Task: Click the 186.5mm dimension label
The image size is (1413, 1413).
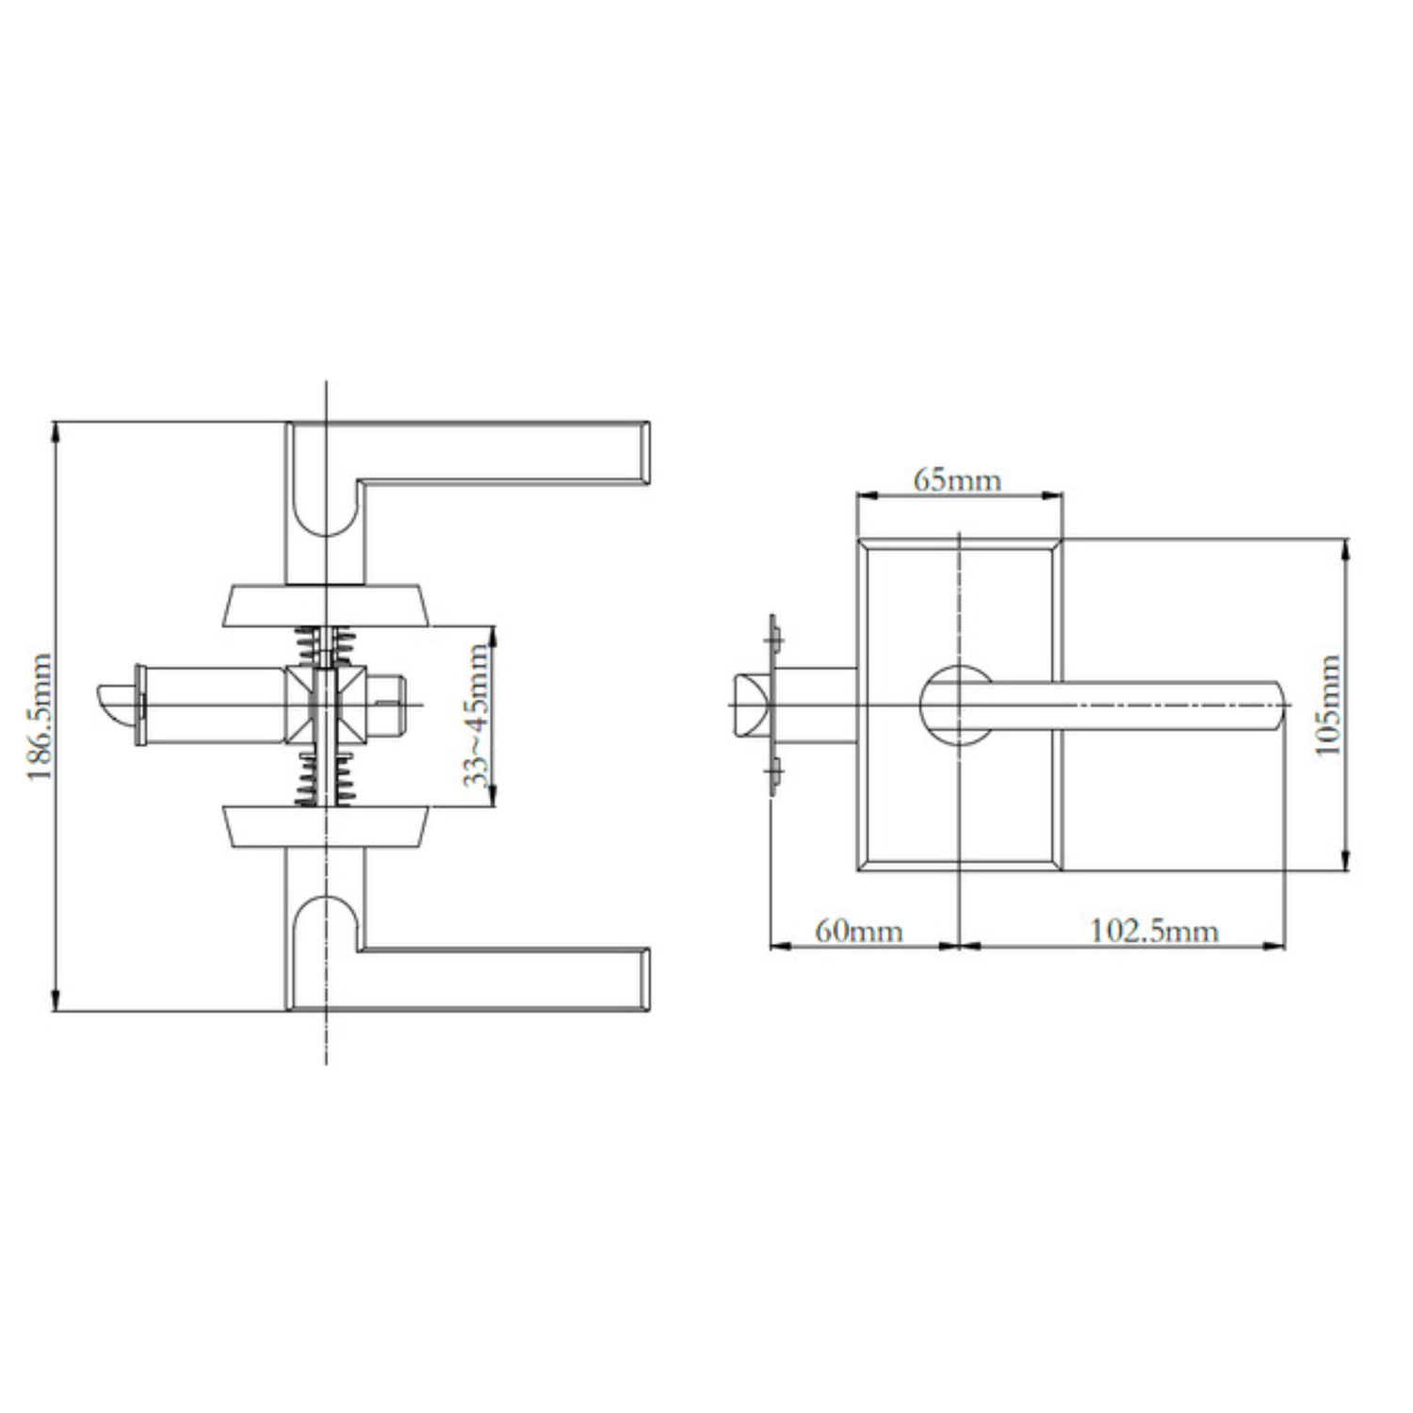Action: (39, 717)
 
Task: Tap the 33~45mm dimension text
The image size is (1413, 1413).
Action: (478, 716)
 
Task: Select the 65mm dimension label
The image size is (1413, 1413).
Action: (957, 480)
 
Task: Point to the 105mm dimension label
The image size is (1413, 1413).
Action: (1327, 705)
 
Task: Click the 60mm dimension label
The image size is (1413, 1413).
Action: (858, 932)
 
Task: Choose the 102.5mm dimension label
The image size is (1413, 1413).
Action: (1154, 932)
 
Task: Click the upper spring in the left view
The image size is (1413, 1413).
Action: (326, 646)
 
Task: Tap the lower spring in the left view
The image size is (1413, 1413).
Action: (326, 779)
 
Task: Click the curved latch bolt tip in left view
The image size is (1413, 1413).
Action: (115, 704)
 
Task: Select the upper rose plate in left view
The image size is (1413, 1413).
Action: (326, 606)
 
